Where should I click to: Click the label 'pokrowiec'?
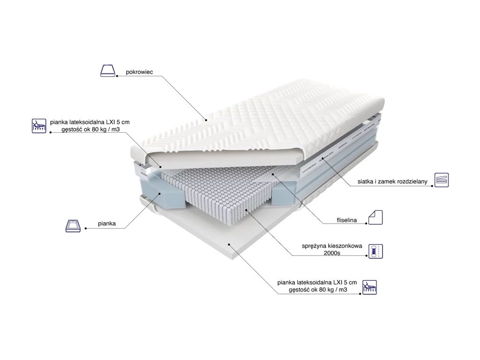140,72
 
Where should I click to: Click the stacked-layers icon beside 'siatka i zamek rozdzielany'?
442,180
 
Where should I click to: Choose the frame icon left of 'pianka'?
73,225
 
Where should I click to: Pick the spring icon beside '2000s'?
375,251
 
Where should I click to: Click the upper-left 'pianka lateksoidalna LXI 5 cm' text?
89,122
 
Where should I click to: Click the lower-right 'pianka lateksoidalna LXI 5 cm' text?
317,282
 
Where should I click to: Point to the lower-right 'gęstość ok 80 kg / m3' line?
317,290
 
